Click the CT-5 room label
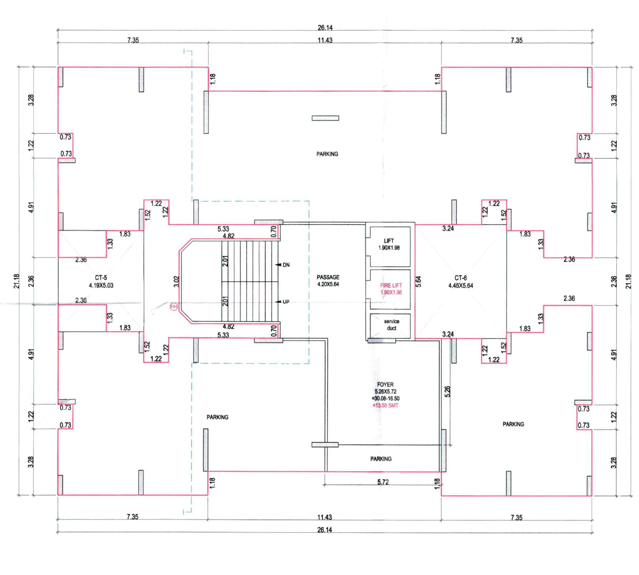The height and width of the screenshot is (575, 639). tap(101, 278)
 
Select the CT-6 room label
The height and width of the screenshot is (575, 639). tap(461, 278)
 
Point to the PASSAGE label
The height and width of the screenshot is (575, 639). tap(328, 277)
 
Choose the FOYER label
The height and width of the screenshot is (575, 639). tap(385, 385)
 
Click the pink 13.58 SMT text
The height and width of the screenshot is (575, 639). tap(385, 405)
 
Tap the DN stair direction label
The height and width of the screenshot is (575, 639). tap(286, 265)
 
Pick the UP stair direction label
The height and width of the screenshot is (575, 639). tap(286, 302)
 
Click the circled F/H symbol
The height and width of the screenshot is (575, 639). tap(173, 307)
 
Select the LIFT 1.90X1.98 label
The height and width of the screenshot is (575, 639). tap(389, 244)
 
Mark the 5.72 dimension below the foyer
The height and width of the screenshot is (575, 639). tap(383, 482)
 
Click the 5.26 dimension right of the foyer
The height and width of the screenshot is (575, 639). tap(447, 392)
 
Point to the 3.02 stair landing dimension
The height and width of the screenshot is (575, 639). tap(176, 281)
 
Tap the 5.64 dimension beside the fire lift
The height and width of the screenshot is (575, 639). tap(418, 281)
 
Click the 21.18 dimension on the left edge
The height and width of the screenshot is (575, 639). tap(16, 281)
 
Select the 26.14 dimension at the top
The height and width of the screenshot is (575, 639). tap(325, 28)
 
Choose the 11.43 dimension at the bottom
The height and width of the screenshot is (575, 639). tap(324, 517)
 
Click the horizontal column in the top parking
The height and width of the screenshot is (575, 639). tap(325, 118)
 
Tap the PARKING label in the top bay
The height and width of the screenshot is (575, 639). tap(327, 154)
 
